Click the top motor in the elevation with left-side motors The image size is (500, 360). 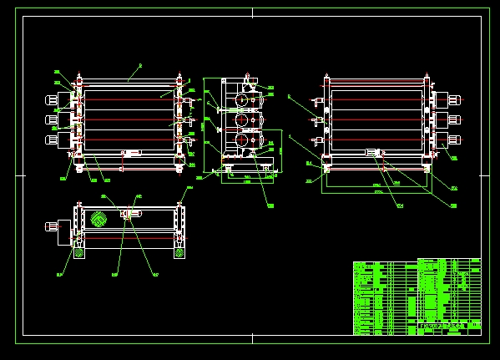54,100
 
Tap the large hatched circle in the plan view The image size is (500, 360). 98,220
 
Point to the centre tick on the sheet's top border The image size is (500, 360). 252,12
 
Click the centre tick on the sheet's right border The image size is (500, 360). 484,176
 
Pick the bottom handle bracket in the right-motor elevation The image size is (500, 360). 316,140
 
